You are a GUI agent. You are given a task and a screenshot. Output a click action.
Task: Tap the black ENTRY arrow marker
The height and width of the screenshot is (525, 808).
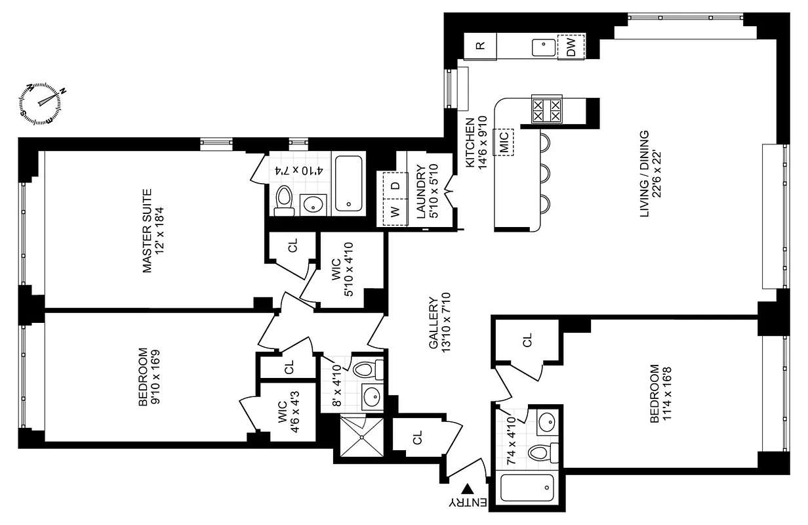coord(468,489)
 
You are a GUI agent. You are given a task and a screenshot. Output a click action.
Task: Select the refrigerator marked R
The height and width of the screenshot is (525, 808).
coord(480,45)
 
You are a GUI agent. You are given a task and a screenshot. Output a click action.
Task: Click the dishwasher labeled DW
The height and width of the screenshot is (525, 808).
coord(571,47)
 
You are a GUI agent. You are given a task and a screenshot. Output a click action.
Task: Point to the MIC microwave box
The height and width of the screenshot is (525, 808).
coord(504,142)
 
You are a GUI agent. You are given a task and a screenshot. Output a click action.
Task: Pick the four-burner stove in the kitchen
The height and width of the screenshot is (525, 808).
coord(547,109)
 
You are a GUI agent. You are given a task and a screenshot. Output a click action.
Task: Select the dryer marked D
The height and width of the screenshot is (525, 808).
coord(395,186)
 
